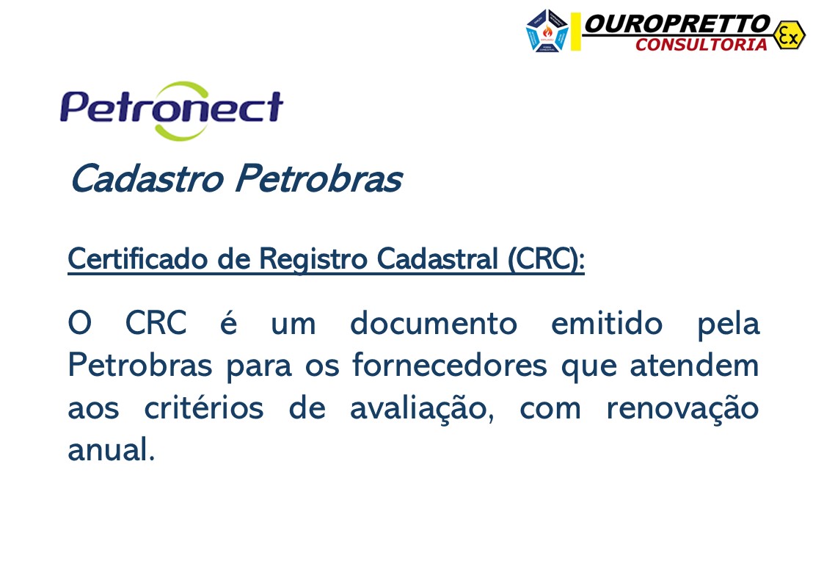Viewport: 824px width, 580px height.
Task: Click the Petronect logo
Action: (x=171, y=109)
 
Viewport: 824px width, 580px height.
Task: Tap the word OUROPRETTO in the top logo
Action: (x=677, y=23)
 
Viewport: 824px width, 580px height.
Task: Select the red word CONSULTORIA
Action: (x=701, y=45)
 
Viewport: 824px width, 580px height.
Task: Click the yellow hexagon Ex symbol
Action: (x=789, y=35)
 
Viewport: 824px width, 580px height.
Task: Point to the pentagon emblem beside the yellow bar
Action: (x=547, y=31)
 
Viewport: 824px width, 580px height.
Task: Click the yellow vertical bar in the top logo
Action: (x=576, y=32)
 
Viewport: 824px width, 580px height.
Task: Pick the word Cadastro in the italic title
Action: (x=146, y=179)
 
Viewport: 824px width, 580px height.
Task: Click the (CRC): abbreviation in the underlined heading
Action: (x=546, y=259)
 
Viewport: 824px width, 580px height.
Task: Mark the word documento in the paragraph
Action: (x=434, y=324)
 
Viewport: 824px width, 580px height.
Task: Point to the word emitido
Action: (x=607, y=324)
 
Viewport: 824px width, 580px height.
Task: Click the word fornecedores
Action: (x=449, y=366)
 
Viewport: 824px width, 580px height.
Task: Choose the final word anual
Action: (x=111, y=450)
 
